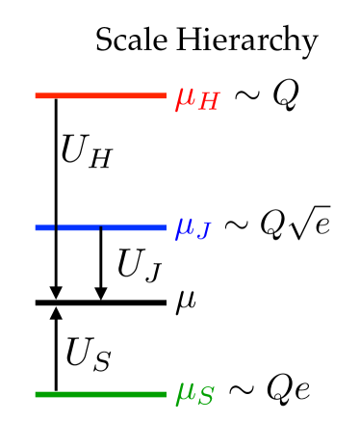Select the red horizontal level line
pyautogui.click(x=101, y=95)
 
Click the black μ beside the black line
pyautogui.click(x=185, y=305)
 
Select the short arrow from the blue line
pyautogui.click(x=100, y=265)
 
